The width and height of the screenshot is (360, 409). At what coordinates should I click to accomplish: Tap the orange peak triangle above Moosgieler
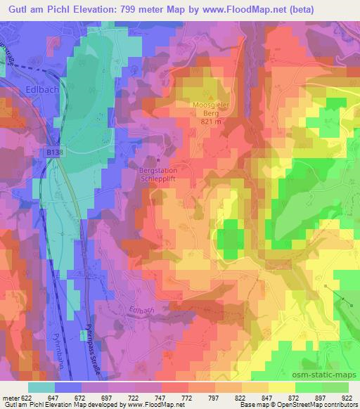pyautogui.click(x=210, y=96)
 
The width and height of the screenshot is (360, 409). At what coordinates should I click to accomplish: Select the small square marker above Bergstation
pyautogui.click(x=160, y=161)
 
